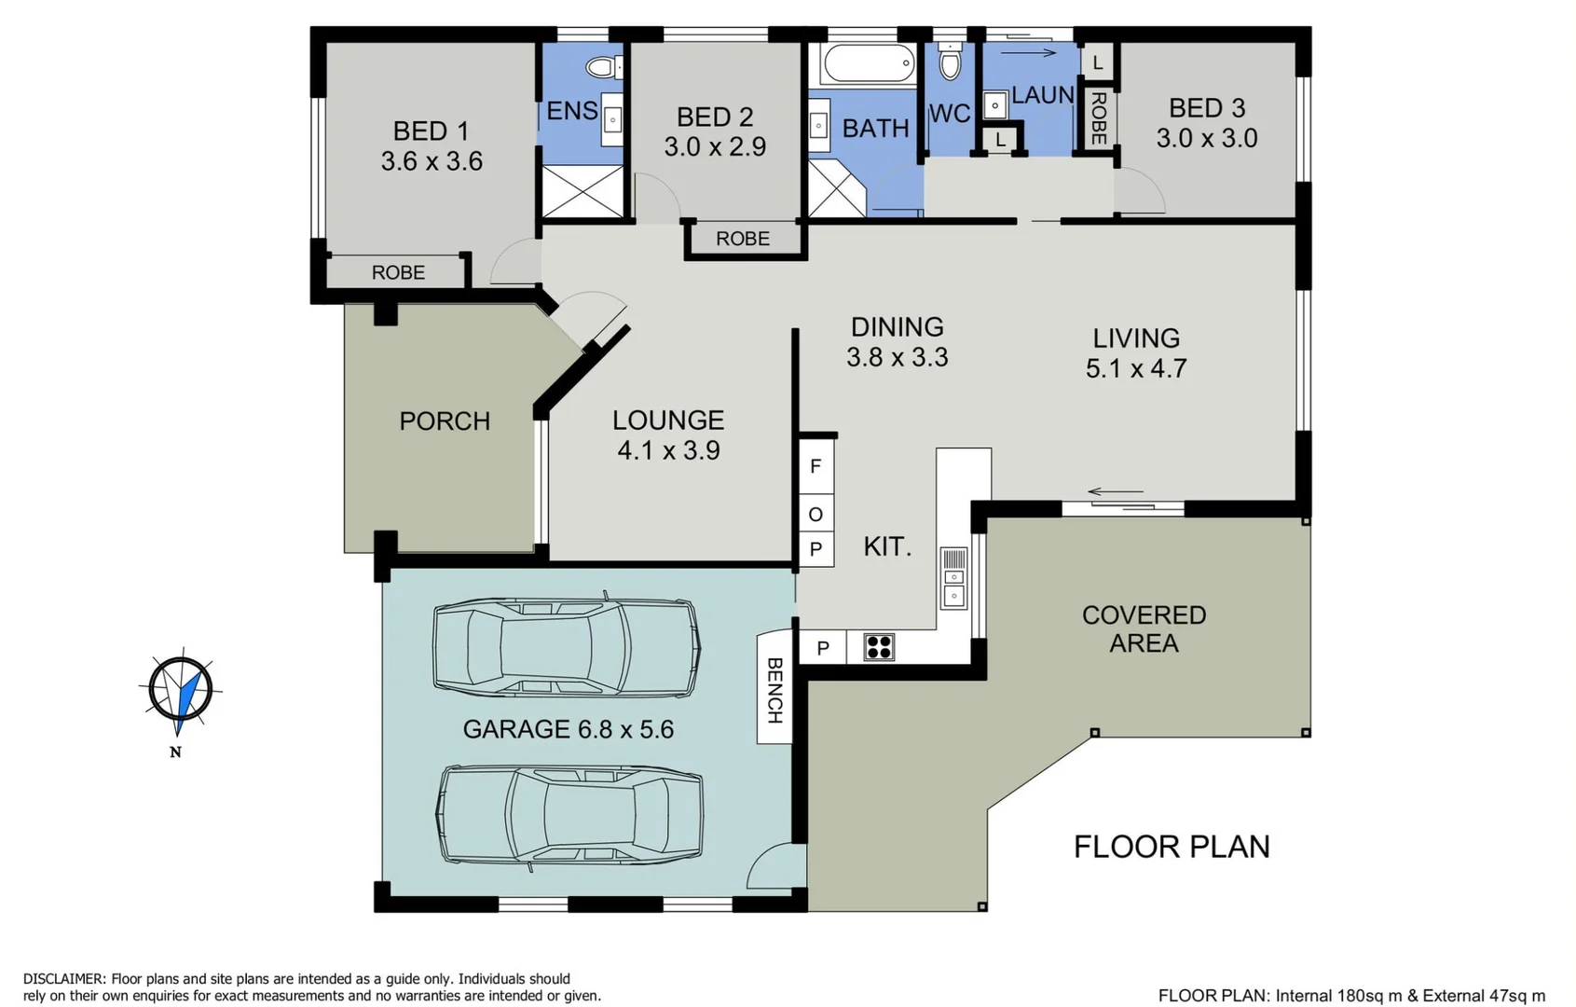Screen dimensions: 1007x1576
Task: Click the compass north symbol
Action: [181, 691]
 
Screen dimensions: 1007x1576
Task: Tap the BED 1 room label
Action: [431, 131]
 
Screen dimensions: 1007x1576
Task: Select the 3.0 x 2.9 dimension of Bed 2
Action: [715, 147]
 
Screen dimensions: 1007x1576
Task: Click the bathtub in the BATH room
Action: [869, 64]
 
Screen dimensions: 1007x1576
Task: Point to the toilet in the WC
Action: [950, 62]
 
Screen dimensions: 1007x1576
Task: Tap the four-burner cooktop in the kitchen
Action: [879, 647]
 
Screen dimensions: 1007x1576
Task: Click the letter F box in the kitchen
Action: [815, 466]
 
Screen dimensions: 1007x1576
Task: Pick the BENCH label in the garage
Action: [774, 690]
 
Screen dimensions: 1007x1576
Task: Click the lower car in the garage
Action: [570, 816]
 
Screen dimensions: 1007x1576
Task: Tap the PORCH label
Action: [445, 421]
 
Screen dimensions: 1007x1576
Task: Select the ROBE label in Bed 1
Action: [398, 272]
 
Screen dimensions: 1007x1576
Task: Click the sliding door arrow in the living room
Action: [1116, 492]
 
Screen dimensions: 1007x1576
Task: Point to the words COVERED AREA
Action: [1144, 629]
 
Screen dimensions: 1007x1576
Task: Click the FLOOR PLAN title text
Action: [1172, 847]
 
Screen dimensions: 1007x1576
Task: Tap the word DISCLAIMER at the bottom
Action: [63, 979]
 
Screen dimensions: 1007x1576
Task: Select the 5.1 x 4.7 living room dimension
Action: [1136, 368]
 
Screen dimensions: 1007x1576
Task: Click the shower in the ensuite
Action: [582, 192]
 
